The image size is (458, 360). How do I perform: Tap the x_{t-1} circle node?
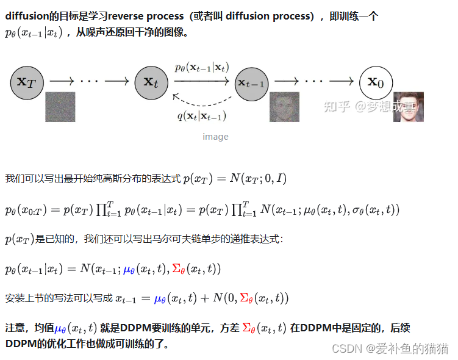coord(251,82)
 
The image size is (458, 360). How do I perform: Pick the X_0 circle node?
coord(375,81)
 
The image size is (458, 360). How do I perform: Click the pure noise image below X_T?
coord(60,107)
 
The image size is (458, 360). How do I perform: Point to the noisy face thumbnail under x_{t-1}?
coord(285,107)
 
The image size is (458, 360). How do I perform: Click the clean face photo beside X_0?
coord(408,107)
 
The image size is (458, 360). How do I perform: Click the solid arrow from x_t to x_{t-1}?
coord(201,82)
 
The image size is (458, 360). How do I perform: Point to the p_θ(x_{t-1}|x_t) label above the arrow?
coord(201,68)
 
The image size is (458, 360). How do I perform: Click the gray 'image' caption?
coord(215,137)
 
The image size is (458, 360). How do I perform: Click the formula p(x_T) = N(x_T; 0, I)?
coord(235,178)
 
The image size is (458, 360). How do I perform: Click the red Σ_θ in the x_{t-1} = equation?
coord(247,298)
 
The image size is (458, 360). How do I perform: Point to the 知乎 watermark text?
coord(337,106)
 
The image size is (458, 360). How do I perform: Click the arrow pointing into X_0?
coord(342,81)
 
